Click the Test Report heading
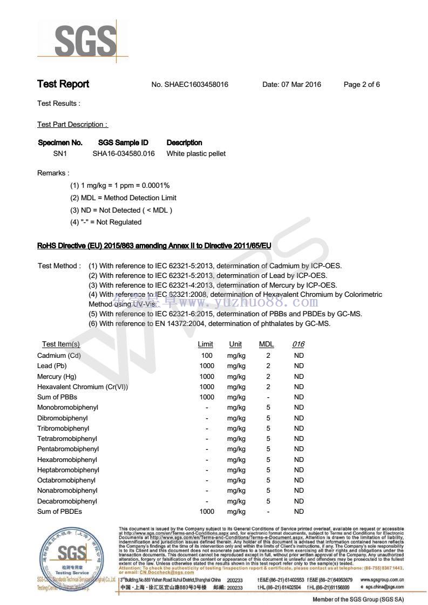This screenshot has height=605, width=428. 63,84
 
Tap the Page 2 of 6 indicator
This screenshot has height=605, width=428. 362,85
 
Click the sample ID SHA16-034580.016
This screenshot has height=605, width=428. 124,154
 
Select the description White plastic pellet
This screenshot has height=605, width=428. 196,154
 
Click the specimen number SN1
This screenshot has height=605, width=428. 59,154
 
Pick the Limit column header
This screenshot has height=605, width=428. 206,344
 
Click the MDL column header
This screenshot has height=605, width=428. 267,344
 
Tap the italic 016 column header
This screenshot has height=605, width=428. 298,344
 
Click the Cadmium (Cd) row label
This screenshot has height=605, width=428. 59,355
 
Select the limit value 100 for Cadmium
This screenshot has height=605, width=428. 207,355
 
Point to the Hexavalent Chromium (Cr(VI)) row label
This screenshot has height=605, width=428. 83,387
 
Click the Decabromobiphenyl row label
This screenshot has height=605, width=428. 67,501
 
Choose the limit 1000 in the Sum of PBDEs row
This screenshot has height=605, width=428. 207,512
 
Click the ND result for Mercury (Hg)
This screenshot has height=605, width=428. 298,376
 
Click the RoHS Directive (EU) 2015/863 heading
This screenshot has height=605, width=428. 154,246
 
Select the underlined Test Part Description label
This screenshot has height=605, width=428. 72,125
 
